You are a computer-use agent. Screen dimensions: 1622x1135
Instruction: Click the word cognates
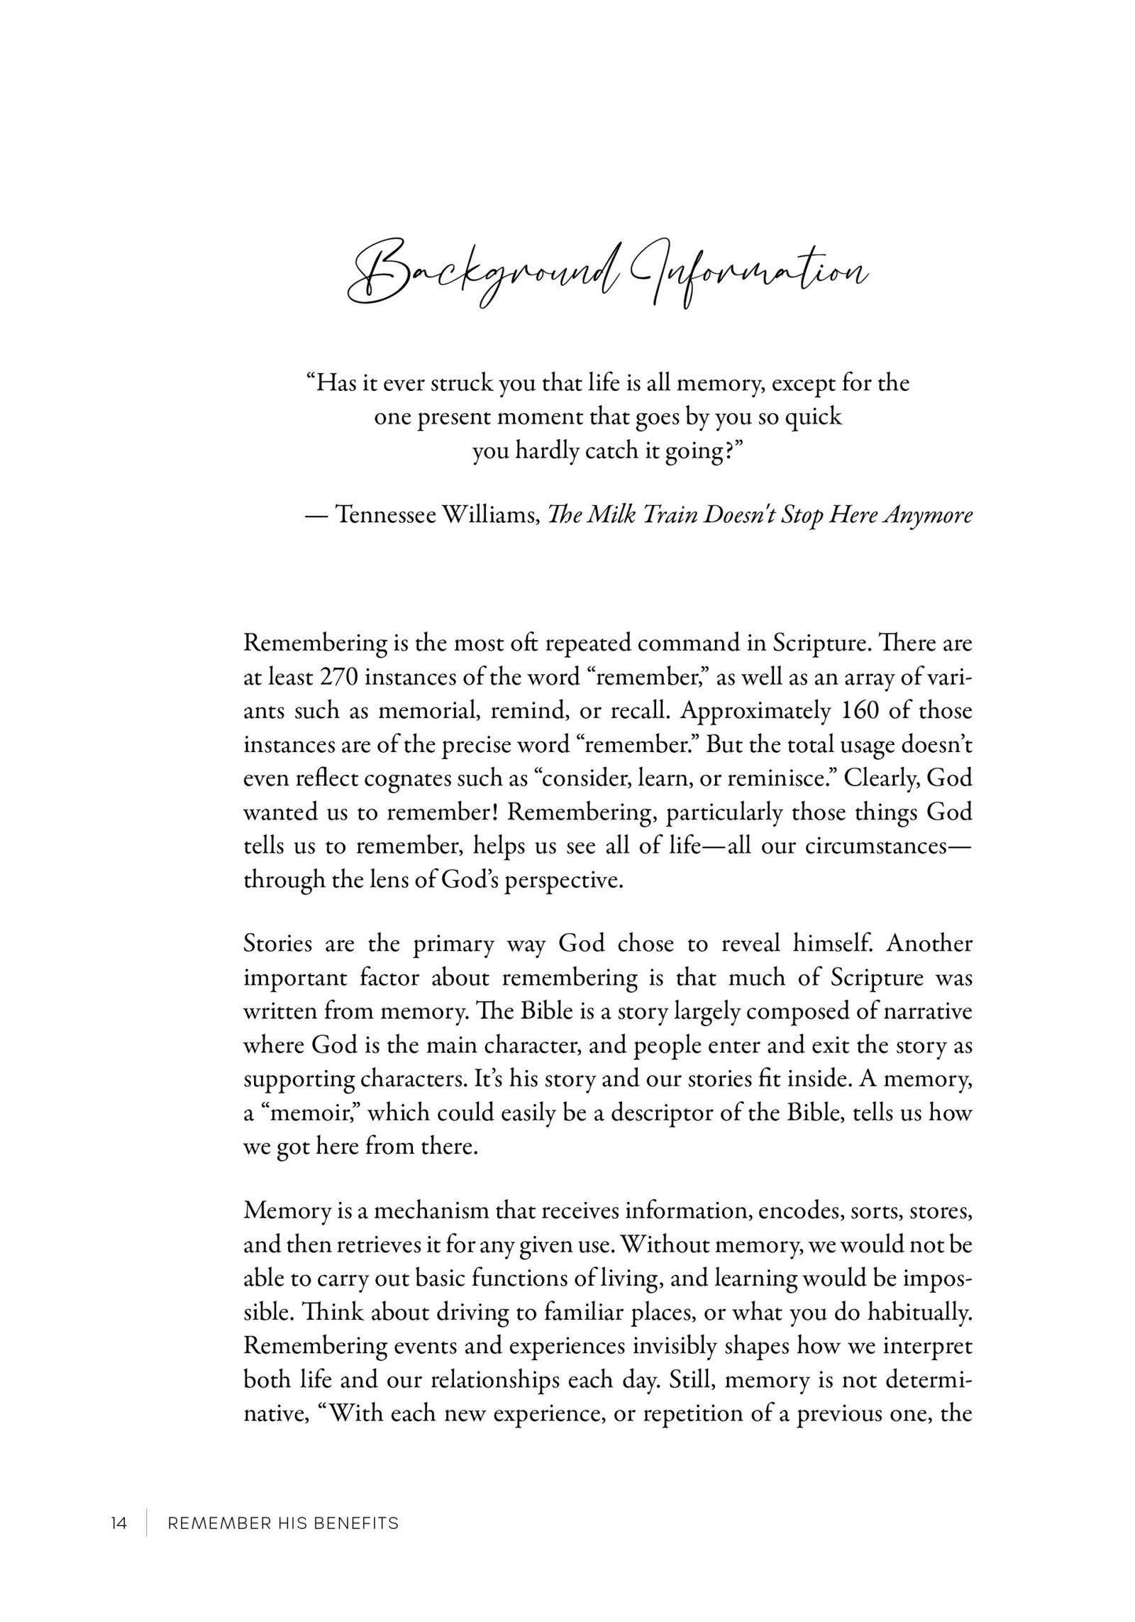tap(408, 779)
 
